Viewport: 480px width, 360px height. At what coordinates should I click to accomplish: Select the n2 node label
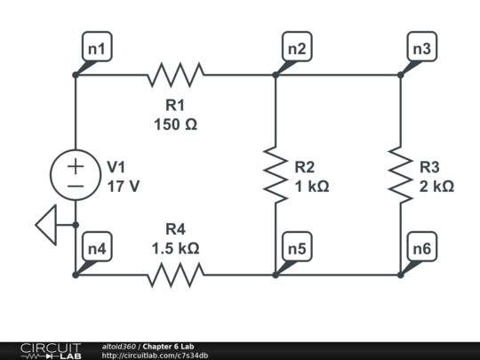coord(297,50)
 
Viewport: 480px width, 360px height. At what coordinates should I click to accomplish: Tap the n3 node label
coord(421,50)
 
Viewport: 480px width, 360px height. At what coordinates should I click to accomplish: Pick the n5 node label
coord(297,250)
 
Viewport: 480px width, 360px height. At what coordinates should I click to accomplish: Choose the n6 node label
coord(421,250)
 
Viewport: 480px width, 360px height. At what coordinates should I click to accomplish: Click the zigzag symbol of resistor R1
coord(175,75)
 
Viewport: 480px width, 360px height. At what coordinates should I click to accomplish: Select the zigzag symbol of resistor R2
coord(276,175)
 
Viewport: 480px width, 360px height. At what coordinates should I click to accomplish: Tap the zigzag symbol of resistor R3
coord(400,175)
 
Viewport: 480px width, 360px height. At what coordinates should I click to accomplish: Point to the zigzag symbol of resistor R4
coord(175,275)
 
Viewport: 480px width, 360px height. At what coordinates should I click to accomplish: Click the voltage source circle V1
coord(76,175)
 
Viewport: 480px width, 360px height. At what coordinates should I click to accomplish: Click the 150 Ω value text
coord(175,124)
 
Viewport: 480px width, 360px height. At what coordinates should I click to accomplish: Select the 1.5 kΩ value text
coord(175,248)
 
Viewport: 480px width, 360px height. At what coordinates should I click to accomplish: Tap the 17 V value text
coord(123,187)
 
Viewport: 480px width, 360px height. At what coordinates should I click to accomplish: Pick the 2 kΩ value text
coord(436,187)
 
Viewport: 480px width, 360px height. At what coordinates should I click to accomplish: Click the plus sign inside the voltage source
coord(76,165)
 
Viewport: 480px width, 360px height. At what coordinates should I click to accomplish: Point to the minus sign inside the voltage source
coord(76,186)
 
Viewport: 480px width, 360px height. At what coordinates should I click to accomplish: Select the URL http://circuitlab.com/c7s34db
coord(155,356)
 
